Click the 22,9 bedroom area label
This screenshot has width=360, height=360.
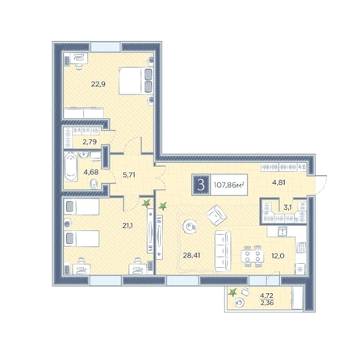click(x=98, y=84)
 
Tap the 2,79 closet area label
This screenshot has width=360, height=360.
click(x=90, y=141)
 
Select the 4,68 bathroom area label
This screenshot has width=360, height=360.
click(x=91, y=172)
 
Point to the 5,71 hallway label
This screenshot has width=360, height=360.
click(x=129, y=175)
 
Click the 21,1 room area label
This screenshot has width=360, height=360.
click(x=128, y=225)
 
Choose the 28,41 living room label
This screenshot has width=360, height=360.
click(x=191, y=255)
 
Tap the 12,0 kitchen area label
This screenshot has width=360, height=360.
click(x=278, y=255)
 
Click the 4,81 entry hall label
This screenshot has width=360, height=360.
click(x=278, y=182)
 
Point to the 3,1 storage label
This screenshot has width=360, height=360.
click(x=287, y=207)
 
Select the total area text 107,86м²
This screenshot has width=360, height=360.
click(x=229, y=185)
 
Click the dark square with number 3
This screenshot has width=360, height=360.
click(x=201, y=185)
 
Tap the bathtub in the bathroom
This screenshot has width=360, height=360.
click(x=71, y=167)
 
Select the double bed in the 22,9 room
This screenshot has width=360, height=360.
click(x=136, y=81)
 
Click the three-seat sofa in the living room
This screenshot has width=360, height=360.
click(x=223, y=251)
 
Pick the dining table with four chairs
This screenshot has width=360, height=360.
click(x=253, y=256)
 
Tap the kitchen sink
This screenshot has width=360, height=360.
click(x=283, y=231)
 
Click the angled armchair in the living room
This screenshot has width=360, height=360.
click(x=216, y=215)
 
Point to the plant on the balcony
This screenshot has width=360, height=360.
click(x=232, y=292)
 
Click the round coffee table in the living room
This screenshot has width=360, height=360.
click(x=190, y=227)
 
